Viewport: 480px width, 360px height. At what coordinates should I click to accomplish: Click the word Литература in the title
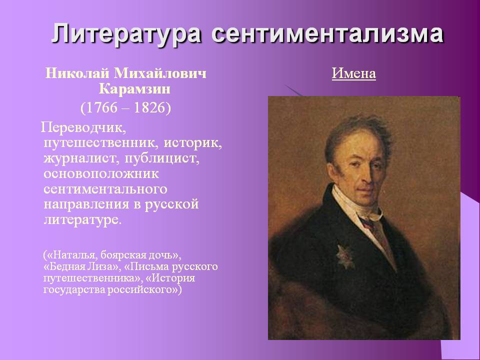click(126, 33)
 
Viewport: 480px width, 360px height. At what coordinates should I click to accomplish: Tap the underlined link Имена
click(354, 73)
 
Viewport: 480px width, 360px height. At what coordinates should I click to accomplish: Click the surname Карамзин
click(134, 89)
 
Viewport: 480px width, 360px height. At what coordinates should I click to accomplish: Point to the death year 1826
click(150, 108)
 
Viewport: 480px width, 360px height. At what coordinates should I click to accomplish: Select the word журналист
click(79, 158)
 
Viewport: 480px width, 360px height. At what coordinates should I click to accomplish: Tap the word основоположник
click(101, 173)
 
